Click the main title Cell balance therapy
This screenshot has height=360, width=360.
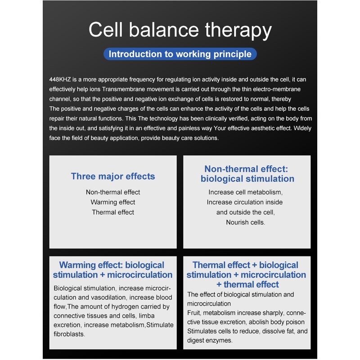(180, 30)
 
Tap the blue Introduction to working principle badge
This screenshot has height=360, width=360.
(180, 54)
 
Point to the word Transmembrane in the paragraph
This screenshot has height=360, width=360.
(119, 89)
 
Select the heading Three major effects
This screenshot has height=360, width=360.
(113, 176)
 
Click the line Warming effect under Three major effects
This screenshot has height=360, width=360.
(113, 202)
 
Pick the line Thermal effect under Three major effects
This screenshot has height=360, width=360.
(113, 212)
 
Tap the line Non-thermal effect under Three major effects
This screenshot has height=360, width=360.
(113, 192)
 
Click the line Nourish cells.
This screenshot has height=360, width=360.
(245, 222)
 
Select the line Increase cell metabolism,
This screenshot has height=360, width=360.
(245, 192)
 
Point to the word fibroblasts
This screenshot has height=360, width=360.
(69, 334)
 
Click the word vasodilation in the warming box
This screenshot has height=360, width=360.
(109, 297)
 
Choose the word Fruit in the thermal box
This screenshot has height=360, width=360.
(194, 313)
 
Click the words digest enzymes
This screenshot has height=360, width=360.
(210, 341)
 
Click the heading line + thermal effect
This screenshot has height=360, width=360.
(247, 284)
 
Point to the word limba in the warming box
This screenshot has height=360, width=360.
(147, 316)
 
